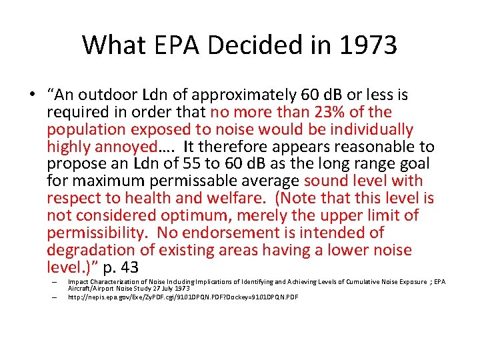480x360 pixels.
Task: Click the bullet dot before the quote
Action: (33, 95)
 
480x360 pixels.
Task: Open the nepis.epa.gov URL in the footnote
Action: (183, 297)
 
